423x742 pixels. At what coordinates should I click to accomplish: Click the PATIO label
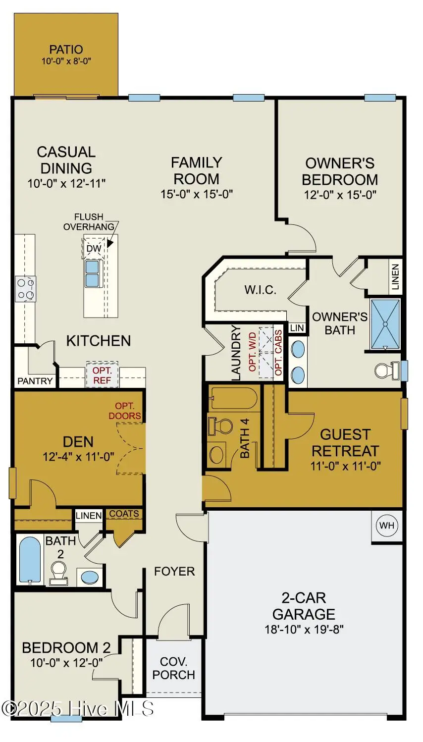pos(66,50)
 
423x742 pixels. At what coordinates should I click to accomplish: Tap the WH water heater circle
pos(387,526)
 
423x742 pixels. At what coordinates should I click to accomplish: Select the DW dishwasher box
pos(94,248)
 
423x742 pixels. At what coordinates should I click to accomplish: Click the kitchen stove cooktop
pos(25,289)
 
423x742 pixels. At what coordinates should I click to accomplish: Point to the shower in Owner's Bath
pos(385,324)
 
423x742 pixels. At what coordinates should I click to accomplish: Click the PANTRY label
pos(35,381)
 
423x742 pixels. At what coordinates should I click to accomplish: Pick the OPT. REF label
pos(102,375)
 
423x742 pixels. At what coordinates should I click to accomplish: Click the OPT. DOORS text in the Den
pos(125,411)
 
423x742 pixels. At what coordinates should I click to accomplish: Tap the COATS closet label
pos(124,514)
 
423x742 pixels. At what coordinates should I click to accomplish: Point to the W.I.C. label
pos(261,290)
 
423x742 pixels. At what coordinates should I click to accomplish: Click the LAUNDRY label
pos(235,353)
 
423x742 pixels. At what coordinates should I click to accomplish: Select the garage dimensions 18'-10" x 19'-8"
pos(304,629)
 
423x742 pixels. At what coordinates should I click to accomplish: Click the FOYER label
pos(174,572)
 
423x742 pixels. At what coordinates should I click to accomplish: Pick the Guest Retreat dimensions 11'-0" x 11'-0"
pos(346,466)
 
